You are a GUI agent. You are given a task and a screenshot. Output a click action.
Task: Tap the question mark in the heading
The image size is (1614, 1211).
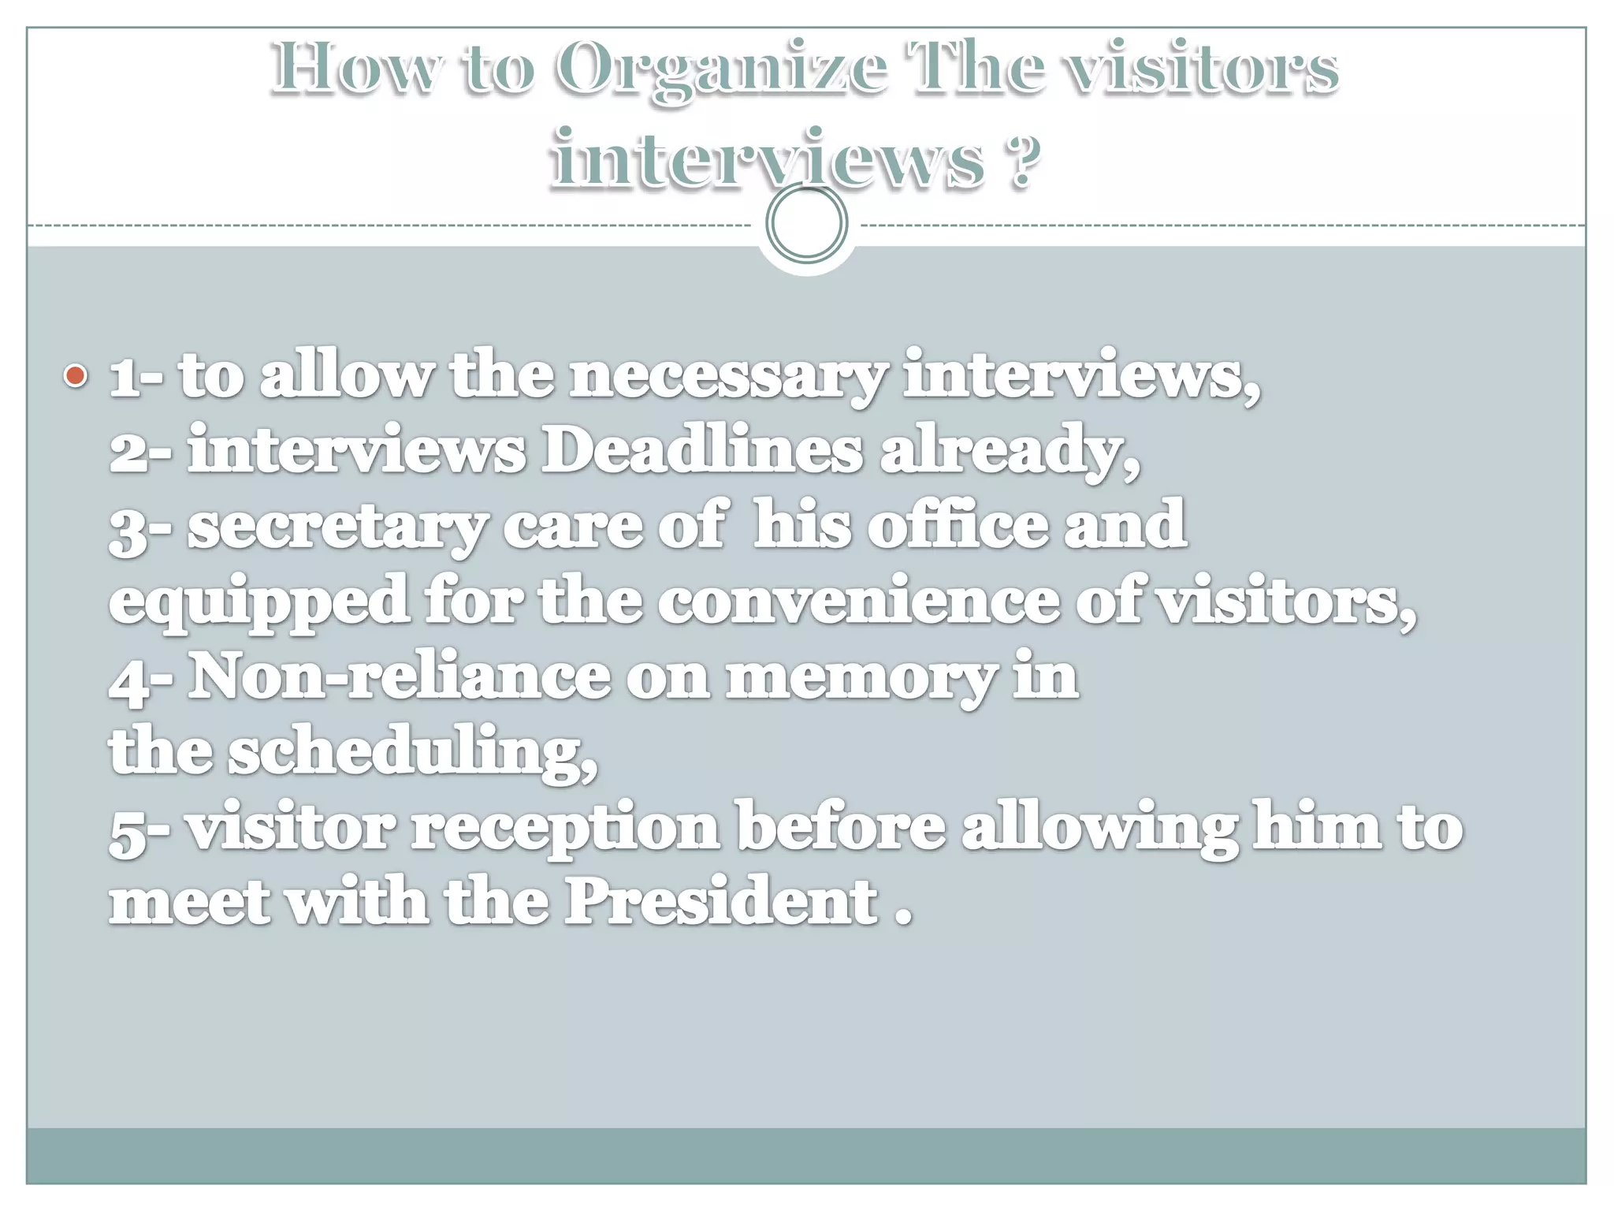point(1021,161)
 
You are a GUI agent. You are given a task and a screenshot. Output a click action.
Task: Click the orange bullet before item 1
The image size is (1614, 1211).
point(76,375)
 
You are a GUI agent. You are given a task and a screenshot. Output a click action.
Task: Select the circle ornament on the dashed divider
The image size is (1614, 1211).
point(806,223)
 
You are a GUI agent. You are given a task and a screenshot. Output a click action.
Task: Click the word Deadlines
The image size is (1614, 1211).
point(701,451)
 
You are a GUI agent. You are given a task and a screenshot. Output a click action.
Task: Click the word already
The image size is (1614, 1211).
point(1010,451)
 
